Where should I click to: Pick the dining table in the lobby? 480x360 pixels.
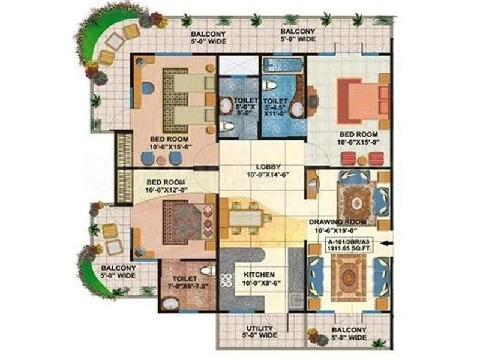[245, 215]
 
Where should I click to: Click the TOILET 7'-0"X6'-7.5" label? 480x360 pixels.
[187, 282]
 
